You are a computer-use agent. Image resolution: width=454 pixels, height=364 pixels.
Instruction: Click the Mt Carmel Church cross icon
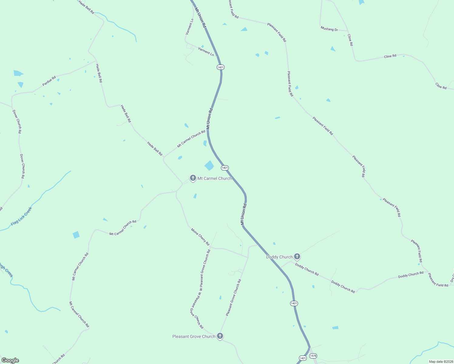[x=193, y=178]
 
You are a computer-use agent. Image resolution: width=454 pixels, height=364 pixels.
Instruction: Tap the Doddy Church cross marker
[x=297, y=257]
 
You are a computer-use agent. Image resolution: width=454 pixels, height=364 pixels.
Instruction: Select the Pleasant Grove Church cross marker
[x=220, y=336]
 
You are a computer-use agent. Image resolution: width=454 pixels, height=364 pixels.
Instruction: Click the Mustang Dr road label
[x=329, y=29]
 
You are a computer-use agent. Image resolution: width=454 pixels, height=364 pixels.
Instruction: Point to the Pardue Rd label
[x=49, y=81]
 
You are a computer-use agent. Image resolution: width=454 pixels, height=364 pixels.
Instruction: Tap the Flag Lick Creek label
[x=21, y=216]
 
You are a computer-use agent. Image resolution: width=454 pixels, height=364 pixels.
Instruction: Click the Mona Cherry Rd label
[x=200, y=237]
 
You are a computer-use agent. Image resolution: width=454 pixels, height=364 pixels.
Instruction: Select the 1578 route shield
[x=313, y=356]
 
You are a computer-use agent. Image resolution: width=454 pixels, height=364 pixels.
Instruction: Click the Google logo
[x=10, y=360]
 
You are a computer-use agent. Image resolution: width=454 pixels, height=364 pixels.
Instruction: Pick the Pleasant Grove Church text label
[x=194, y=336]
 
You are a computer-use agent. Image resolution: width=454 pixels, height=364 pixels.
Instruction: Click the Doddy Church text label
[x=279, y=257]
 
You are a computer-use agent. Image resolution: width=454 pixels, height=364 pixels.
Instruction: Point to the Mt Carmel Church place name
[x=215, y=178]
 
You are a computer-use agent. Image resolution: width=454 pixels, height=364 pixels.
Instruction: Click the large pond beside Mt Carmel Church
[x=209, y=166]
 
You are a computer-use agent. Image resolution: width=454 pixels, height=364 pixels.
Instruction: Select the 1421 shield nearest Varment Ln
[x=221, y=67]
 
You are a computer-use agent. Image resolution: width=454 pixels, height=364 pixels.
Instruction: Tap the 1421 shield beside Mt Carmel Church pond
[x=225, y=168]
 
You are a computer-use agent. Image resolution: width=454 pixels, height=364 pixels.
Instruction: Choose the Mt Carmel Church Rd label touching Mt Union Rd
[x=191, y=139]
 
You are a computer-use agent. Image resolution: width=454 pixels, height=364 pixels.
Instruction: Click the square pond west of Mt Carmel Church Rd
[x=76, y=235]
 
